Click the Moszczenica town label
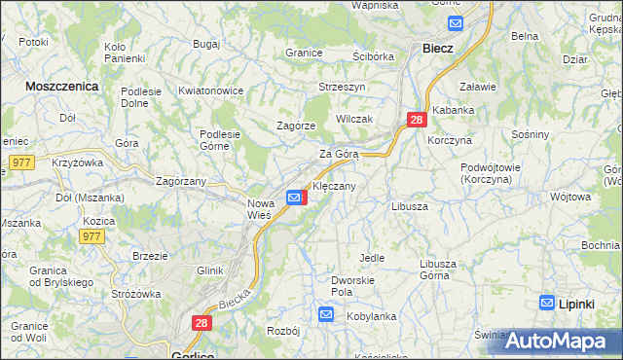point(61,86)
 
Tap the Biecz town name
point(437,48)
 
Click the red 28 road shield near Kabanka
point(417,120)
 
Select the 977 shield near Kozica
point(92,236)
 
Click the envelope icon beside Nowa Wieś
point(295,198)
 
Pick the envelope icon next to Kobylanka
point(326,315)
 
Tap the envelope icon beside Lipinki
point(547,304)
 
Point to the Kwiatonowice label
point(210,90)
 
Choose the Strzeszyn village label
point(342,87)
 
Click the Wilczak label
point(353,118)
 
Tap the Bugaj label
point(206,45)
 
